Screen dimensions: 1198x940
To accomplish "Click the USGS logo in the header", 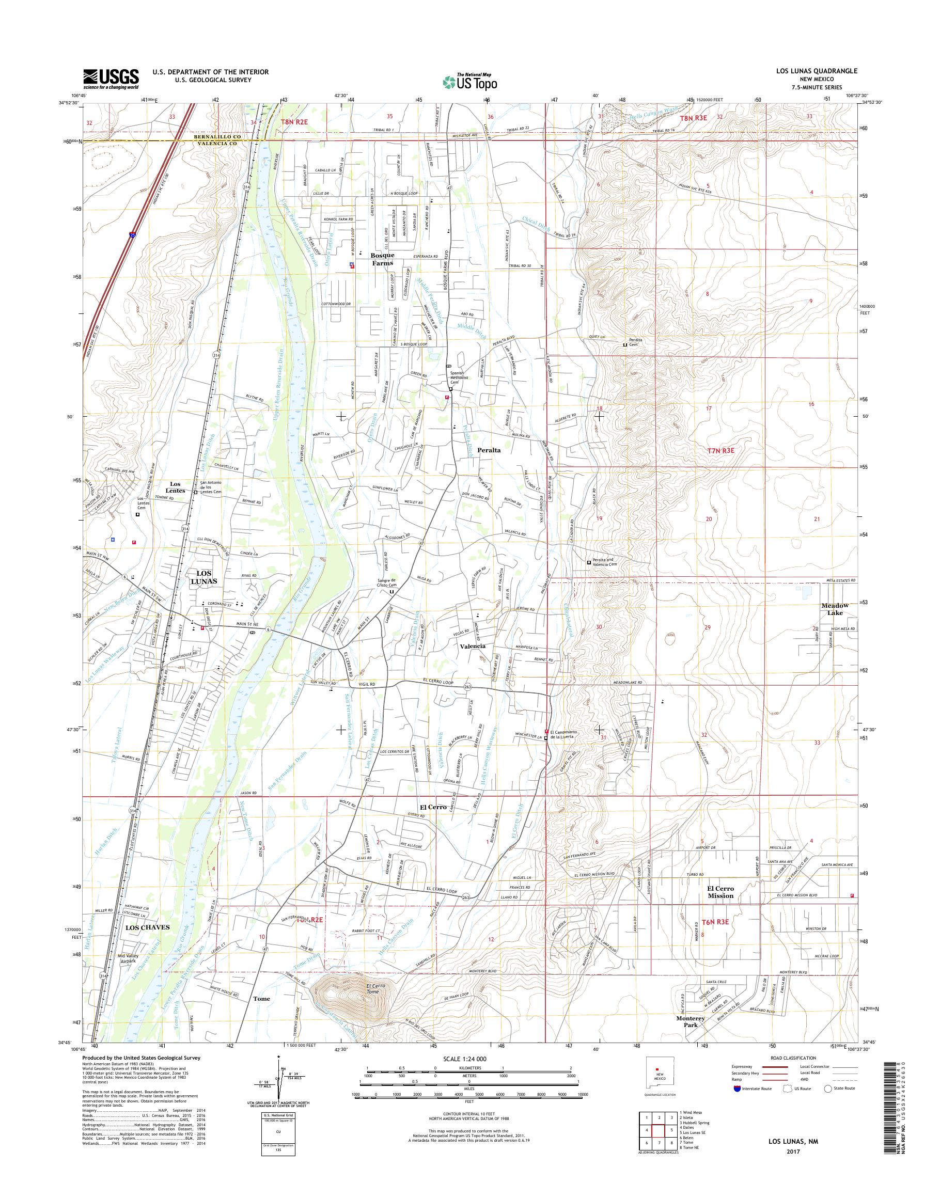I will pyautogui.click(x=111, y=78).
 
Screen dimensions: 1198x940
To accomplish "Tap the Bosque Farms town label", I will pyautogui.click(x=382, y=260).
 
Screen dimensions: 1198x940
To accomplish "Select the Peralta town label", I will pyautogui.click(x=489, y=450).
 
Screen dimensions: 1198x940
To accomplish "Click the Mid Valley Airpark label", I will pyautogui.click(x=130, y=958).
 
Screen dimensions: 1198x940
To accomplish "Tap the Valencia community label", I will pyautogui.click(x=473, y=646).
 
